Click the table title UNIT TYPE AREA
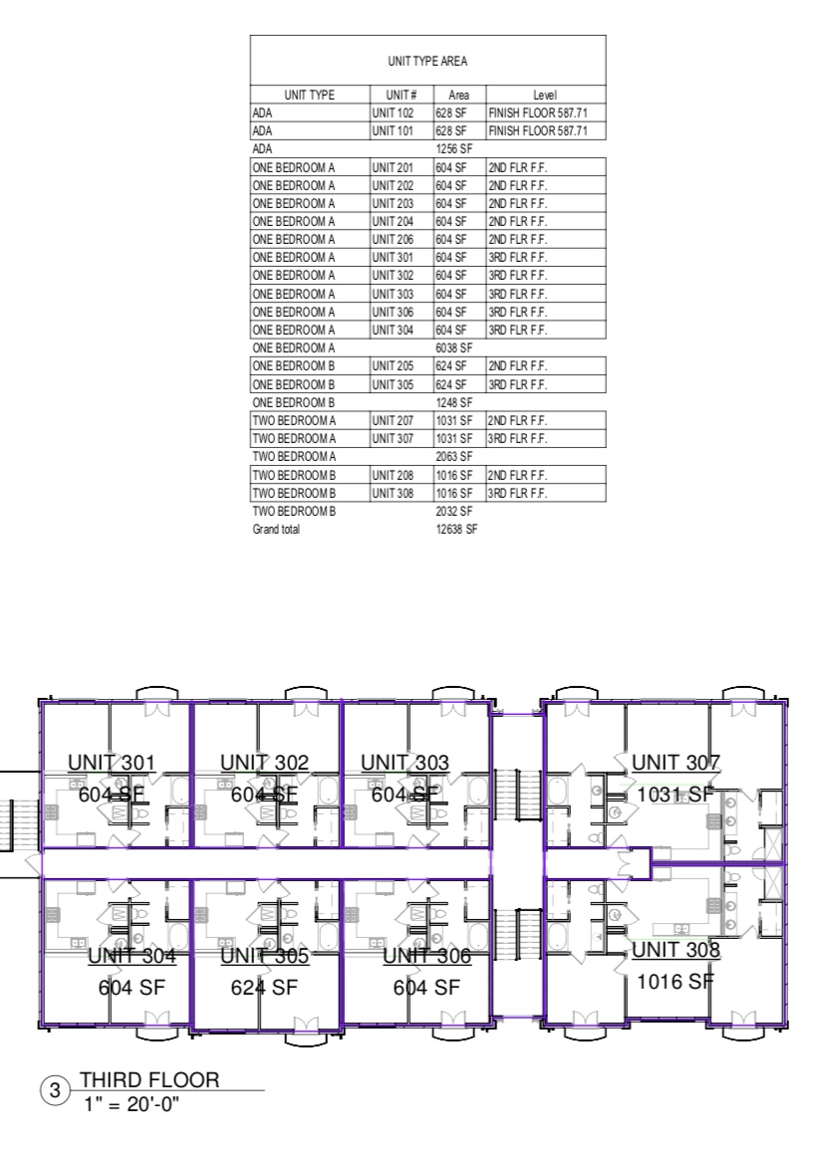tap(427, 62)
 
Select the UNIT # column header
tap(402, 95)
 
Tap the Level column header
tap(545, 95)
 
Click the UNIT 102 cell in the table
tap(393, 114)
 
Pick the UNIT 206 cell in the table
tap(393, 239)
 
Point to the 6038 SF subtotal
tap(453, 348)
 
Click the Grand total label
tap(276, 529)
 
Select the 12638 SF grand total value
tap(456, 529)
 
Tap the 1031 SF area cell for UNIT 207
tap(453, 420)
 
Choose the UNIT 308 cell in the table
tap(393, 493)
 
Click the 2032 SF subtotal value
tap(453, 511)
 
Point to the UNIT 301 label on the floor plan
tap(112, 763)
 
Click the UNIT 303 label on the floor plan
tap(405, 763)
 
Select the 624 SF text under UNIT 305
tap(264, 987)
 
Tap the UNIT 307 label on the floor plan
tap(676, 763)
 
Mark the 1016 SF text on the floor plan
tap(676, 982)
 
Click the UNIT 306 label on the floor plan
tap(427, 956)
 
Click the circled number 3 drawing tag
tap(55, 1090)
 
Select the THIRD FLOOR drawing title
tap(149, 1080)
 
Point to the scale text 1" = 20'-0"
tap(132, 1104)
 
